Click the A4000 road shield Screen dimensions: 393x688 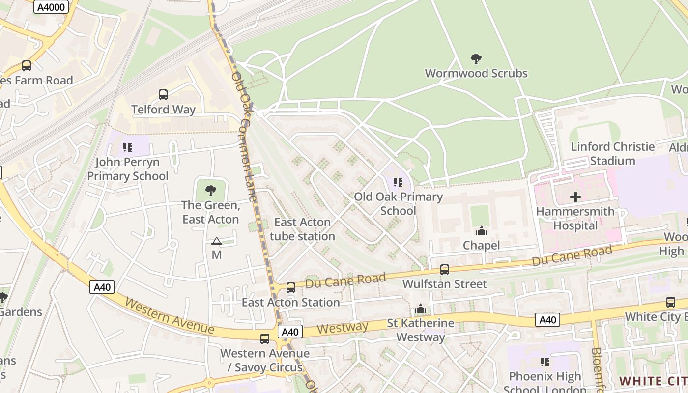[51, 6]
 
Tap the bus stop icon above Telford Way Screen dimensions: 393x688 [163, 95]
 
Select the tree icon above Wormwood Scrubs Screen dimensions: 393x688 [476, 59]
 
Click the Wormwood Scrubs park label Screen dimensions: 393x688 [476, 74]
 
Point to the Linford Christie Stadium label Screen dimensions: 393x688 [612, 154]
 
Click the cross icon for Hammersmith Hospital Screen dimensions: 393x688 [575, 197]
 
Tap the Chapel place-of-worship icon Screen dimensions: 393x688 [481, 231]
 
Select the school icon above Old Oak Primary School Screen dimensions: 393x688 [398, 183]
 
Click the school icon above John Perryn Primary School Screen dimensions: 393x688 [128, 147]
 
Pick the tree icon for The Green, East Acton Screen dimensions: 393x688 [211, 191]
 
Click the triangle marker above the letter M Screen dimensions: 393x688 [217, 241]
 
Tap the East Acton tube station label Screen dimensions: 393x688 [302, 229]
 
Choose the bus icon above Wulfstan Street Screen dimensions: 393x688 [445, 269]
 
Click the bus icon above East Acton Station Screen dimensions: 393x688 [291, 287]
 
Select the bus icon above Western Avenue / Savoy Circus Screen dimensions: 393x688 [265, 338]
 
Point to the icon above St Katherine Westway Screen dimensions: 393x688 [420, 309]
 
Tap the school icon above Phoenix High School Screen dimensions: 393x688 [545, 362]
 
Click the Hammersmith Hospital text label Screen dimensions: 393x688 [575, 219]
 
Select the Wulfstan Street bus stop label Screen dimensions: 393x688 [445, 284]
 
